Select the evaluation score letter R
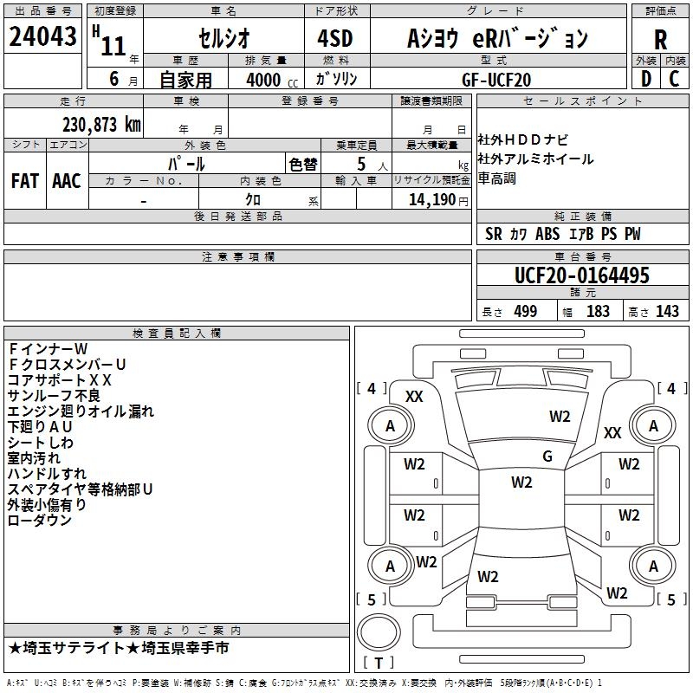[x=660, y=39]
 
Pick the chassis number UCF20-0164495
[x=581, y=276]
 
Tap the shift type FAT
[x=24, y=180]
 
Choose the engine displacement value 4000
[x=265, y=80]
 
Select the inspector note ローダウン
[x=39, y=520]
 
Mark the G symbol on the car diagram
[x=547, y=457]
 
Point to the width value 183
[x=598, y=312]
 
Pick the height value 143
[x=667, y=312]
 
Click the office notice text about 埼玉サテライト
[x=119, y=648]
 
